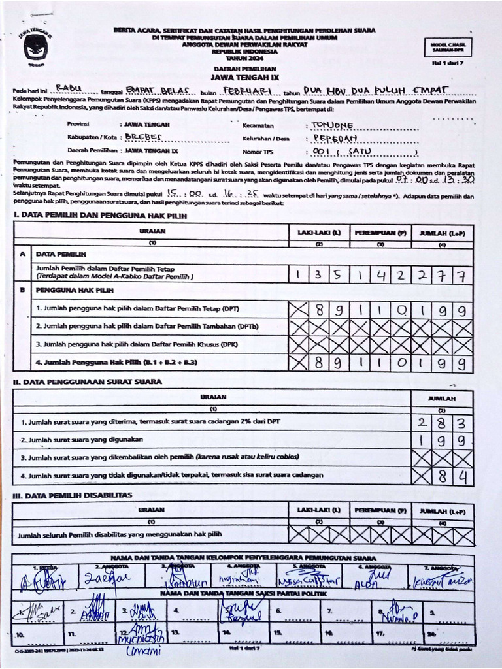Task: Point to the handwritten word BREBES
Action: coord(142,137)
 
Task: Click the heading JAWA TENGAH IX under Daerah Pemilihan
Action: coord(245,76)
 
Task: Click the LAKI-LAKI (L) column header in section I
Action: coord(318,233)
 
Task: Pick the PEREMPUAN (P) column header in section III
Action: coord(380,509)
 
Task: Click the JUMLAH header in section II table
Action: coord(442,398)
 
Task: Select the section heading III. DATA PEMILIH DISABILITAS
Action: coord(72,495)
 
